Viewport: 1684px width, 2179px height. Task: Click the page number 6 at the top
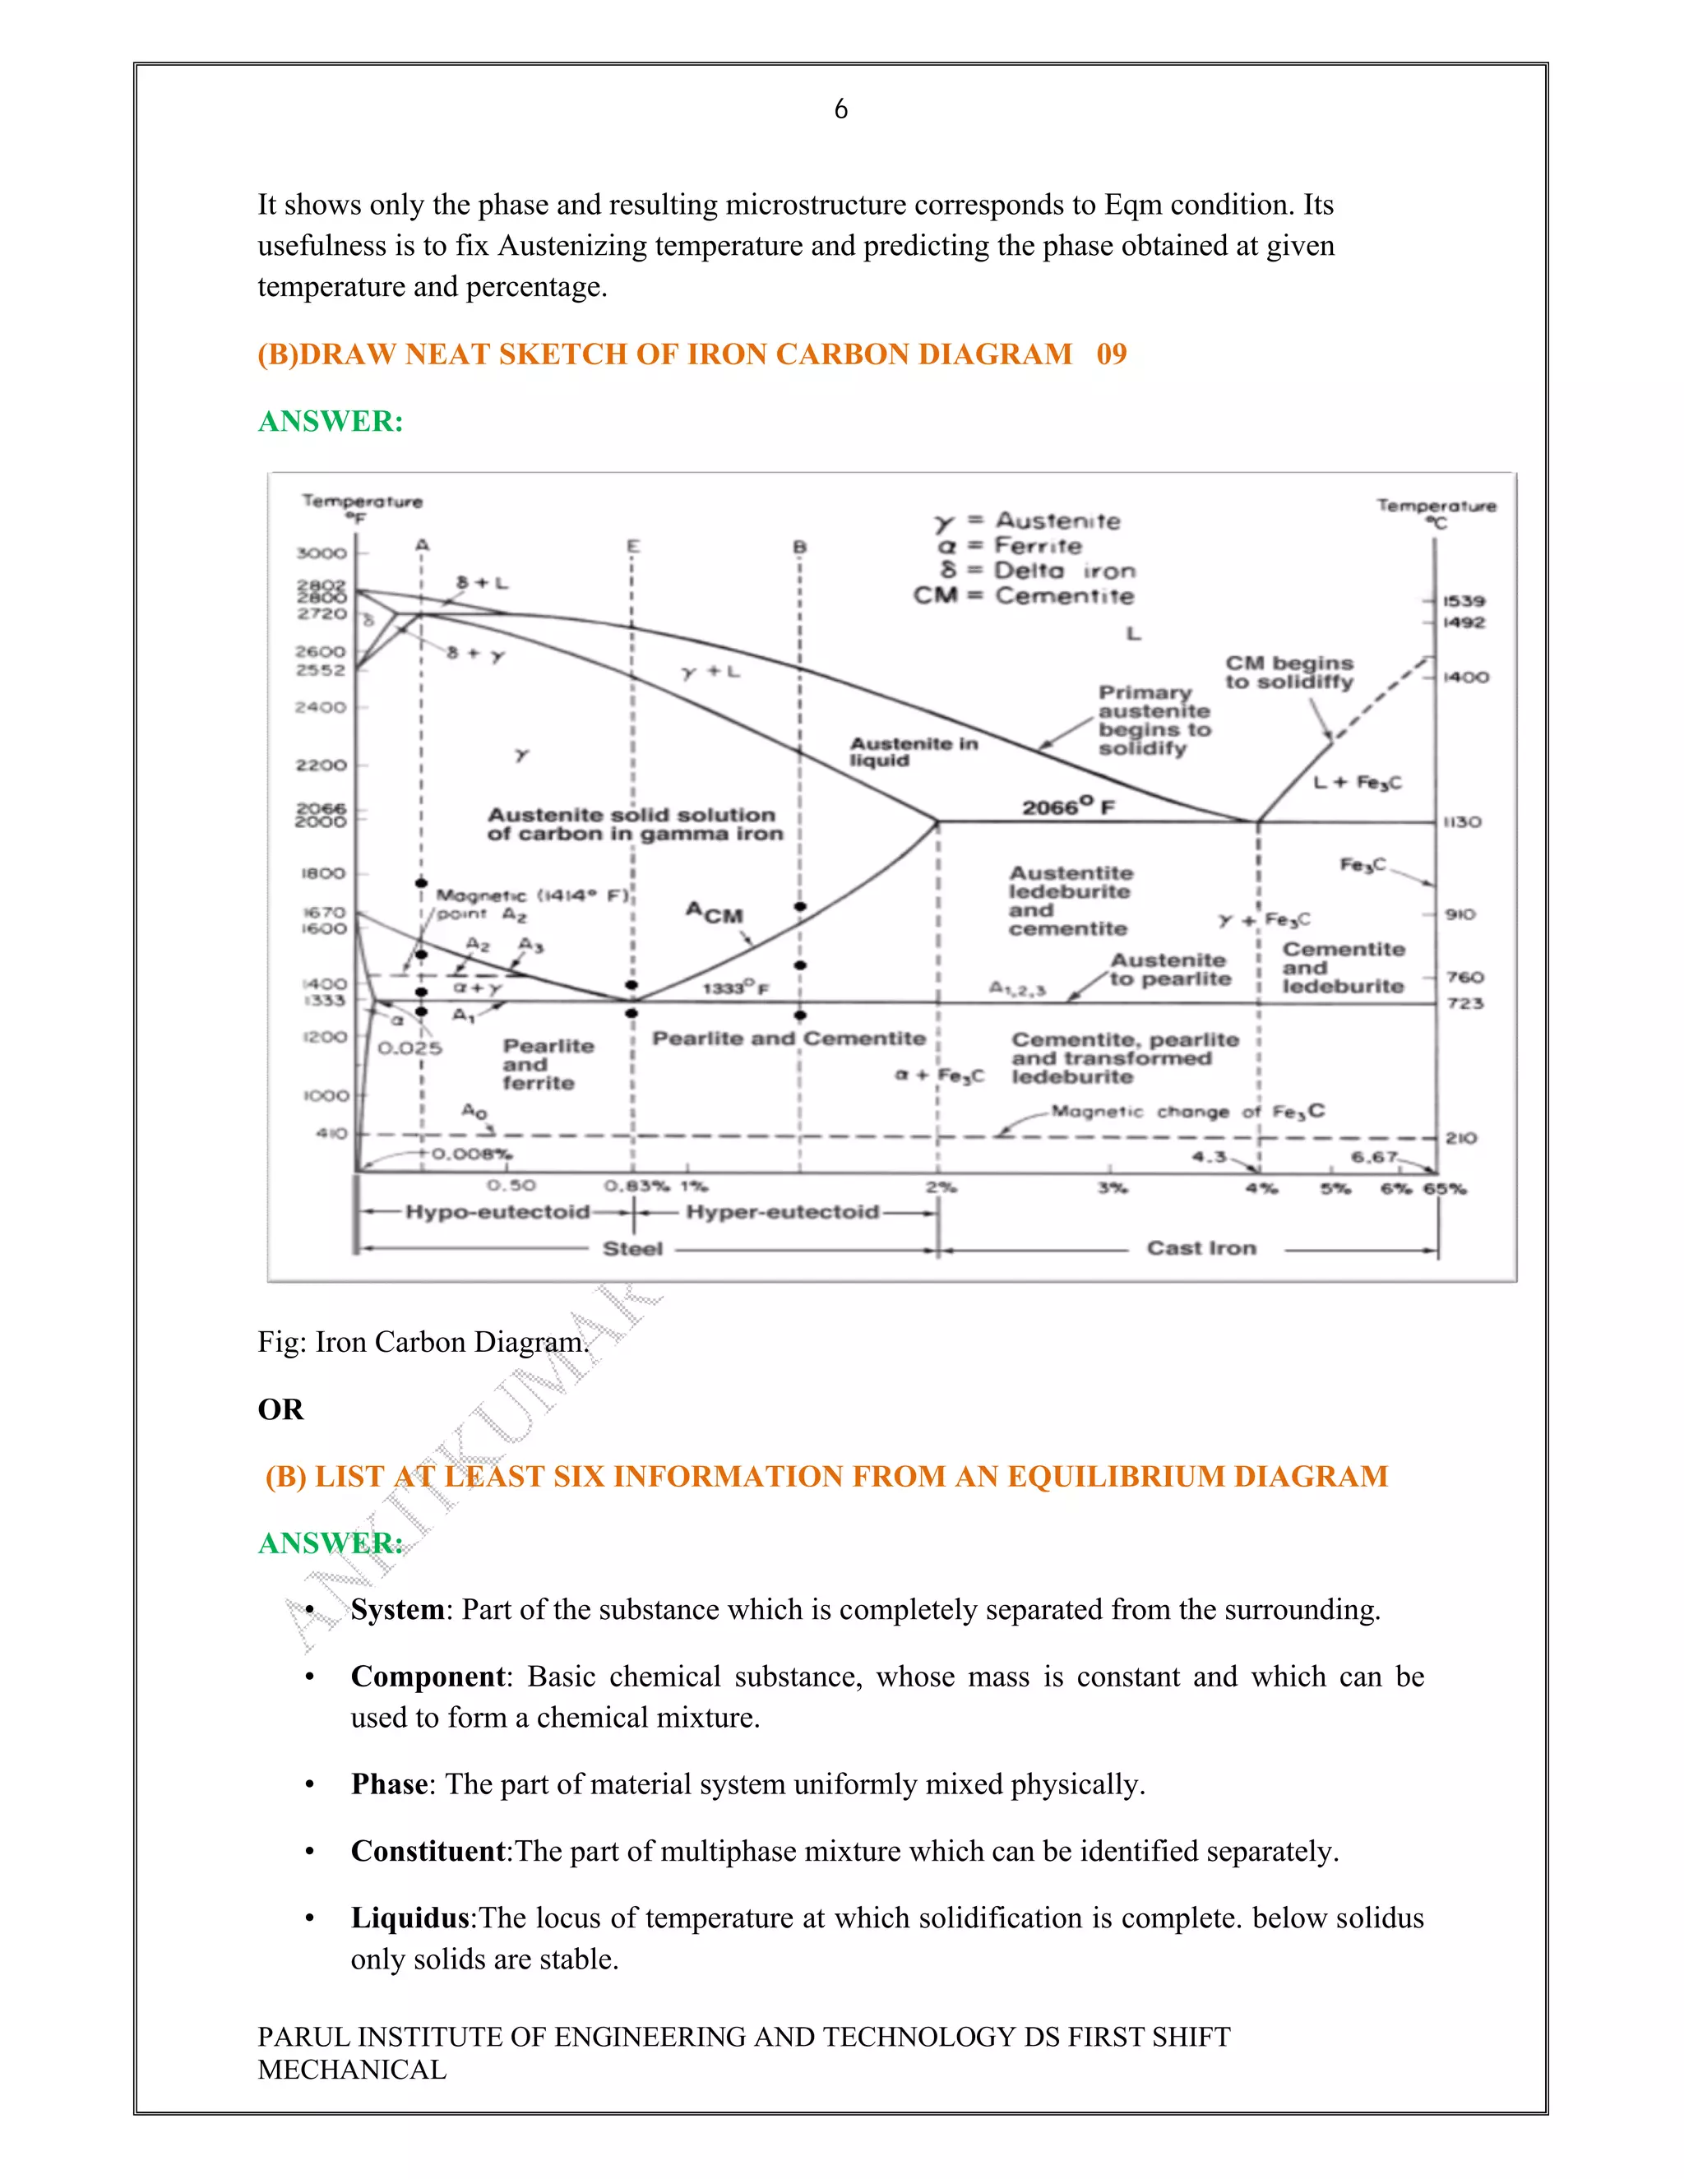pos(841,109)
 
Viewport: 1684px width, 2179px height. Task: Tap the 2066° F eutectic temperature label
pos(1067,806)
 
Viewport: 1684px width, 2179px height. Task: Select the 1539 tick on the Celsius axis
pos(1464,600)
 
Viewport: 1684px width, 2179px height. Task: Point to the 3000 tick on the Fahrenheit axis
pos(322,553)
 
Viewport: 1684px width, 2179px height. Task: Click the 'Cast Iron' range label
pos(1201,1248)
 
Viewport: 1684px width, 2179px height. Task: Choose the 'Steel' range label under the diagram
pos(632,1249)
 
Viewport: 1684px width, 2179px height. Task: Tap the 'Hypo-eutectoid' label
pos(497,1212)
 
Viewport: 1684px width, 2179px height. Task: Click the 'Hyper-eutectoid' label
pos(782,1212)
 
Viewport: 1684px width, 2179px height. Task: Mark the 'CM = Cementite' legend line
pos(1024,595)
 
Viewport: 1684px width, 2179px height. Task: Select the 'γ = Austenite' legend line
pos(1028,520)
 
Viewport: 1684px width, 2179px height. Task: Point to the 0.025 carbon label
pos(409,1048)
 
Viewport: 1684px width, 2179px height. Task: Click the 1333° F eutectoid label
pos(735,988)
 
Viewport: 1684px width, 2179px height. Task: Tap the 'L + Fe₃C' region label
pos(1357,782)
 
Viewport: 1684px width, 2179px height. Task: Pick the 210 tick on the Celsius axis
pos(1460,1138)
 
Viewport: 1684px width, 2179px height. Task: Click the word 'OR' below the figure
pos(280,1409)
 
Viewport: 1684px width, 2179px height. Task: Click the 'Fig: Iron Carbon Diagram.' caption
pos(423,1342)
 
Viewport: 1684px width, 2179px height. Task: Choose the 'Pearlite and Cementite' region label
pos(788,1039)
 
